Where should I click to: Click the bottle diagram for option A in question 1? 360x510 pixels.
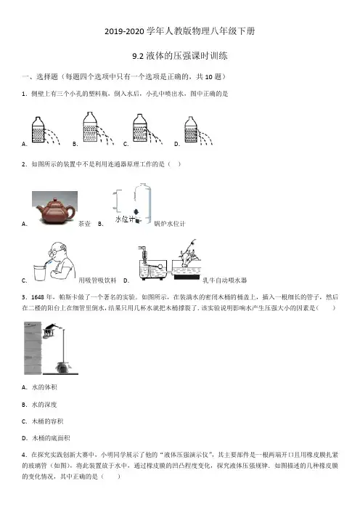(x=46, y=130)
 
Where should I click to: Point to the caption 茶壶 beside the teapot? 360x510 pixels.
(x=84, y=224)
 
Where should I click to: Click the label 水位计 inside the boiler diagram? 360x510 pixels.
(x=125, y=219)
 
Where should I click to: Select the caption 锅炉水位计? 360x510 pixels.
(x=170, y=224)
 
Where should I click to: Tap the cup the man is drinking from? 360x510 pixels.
(x=41, y=272)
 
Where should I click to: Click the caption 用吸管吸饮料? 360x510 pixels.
(x=97, y=280)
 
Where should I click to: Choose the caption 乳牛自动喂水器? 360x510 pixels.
(x=224, y=280)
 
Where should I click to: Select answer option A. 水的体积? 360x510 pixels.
(x=39, y=387)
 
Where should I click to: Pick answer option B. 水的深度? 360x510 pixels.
(x=39, y=405)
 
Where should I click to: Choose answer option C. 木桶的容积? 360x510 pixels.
(x=43, y=421)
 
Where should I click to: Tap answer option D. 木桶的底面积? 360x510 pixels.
(x=46, y=438)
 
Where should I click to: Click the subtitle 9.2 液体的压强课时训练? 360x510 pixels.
(x=180, y=56)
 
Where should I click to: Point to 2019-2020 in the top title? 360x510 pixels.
(x=124, y=31)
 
